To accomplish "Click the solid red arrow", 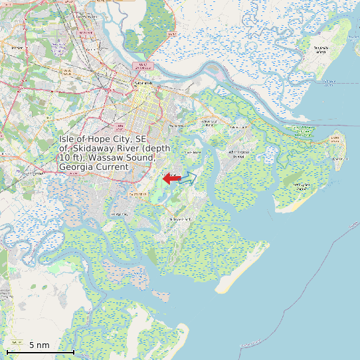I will (171, 179).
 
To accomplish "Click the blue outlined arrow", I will (188, 177).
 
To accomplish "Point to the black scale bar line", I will (40, 351).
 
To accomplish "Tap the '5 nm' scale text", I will (39, 345).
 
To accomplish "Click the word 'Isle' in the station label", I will (68, 139).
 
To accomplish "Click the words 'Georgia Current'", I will (92, 167).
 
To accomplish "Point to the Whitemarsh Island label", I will (210, 123).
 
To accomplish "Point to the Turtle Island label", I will (321, 48).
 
